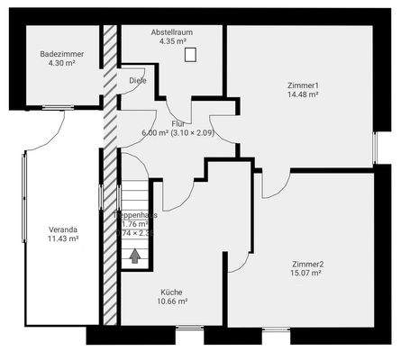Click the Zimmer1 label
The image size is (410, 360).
(304, 85)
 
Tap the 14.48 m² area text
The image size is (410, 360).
(304, 94)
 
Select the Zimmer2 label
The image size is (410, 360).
(307, 264)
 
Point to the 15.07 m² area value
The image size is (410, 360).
(307, 274)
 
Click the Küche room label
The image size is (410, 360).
(171, 292)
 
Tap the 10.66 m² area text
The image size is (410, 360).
(171, 302)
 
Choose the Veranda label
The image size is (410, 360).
(63, 229)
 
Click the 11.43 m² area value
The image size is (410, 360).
(63, 238)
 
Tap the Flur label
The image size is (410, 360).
(178, 122)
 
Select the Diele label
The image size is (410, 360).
(137, 80)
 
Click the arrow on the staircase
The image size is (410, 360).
(134, 256)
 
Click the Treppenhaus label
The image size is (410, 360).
(136, 215)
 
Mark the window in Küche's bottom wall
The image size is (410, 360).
(189, 329)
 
